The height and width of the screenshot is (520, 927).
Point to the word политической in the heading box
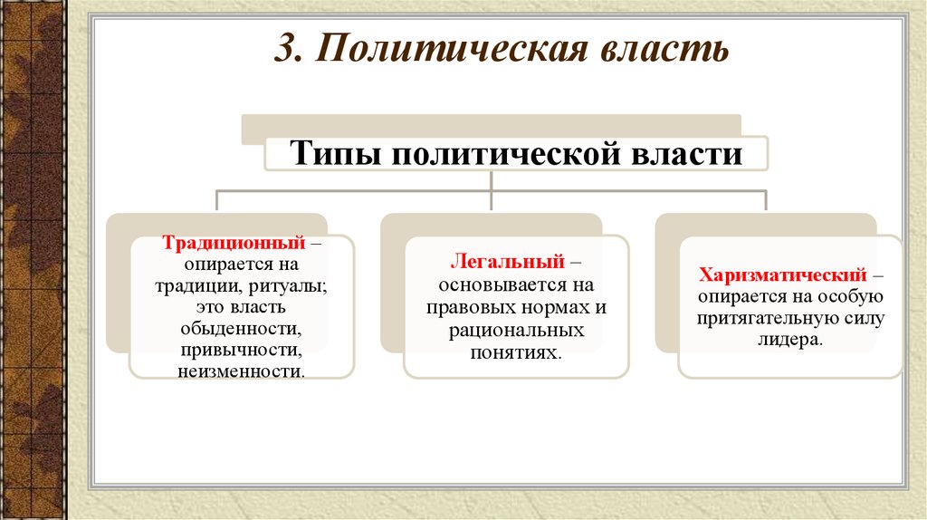(x=505, y=154)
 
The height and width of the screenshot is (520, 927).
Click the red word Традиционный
(x=234, y=243)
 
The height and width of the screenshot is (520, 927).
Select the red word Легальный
(x=508, y=261)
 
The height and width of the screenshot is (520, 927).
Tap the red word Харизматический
(x=783, y=275)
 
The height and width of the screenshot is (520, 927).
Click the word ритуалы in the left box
(x=288, y=286)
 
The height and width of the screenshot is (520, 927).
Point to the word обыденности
(x=241, y=328)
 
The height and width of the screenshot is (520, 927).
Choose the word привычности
(x=241, y=350)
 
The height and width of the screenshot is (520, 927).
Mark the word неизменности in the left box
(x=241, y=371)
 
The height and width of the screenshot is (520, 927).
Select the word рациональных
(x=516, y=330)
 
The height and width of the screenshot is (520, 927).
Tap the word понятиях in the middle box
(x=515, y=352)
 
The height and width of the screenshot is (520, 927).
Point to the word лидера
(x=789, y=340)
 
